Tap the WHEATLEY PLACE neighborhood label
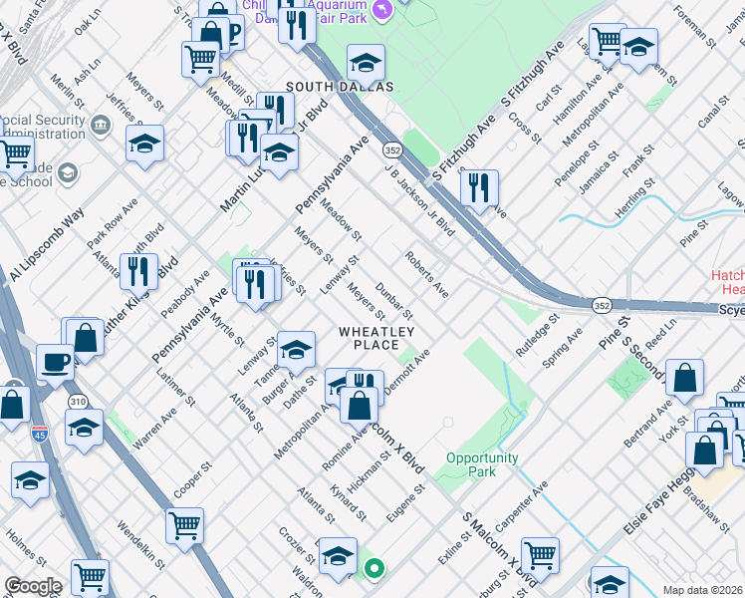click(375, 338)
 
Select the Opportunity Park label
click(482, 464)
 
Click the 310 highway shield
click(79, 401)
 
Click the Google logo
click(33, 586)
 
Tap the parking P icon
click(233, 34)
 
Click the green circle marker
click(374, 569)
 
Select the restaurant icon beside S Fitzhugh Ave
click(479, 187)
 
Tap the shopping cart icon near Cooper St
click(184, 523)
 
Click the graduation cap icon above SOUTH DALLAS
click(366, 62)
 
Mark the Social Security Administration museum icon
click(101, 126)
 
